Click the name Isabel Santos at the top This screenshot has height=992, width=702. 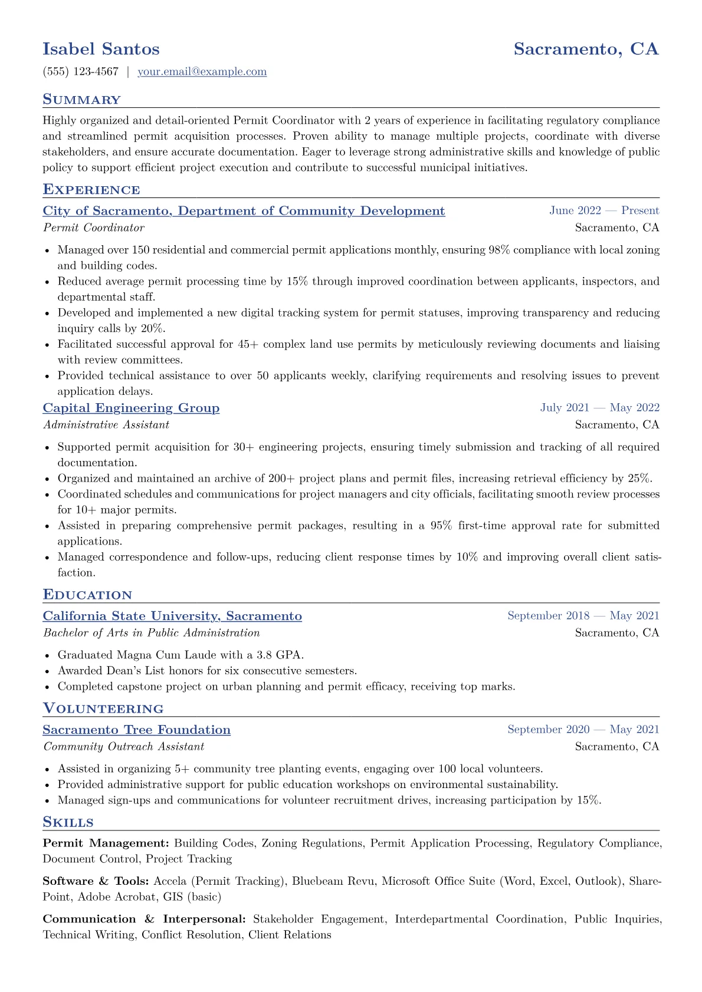pos(101,49)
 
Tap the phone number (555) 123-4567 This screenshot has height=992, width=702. pos(80,72)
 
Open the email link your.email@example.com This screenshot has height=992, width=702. pos(202,72)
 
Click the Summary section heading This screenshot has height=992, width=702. pos(81,100)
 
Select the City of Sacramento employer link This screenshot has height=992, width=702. pos(244,211)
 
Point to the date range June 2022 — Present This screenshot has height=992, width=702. pos(604,211)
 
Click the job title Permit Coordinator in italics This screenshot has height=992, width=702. pos(93,228)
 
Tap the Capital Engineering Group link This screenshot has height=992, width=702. pos(131,408)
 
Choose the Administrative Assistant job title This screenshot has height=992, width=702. pos(106,424)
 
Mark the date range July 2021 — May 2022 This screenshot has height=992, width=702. pos(599,408)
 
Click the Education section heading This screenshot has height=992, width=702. pos(87,595)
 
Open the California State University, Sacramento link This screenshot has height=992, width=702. pos(172,616)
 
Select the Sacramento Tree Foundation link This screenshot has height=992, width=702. pos(136,730)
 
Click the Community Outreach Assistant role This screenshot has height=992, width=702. pos(123,746)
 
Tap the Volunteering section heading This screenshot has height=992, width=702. pos(103,708)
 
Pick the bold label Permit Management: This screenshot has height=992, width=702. pos(106,843)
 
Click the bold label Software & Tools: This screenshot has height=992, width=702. pos(96,881)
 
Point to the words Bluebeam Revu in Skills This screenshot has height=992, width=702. pos(333,881)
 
